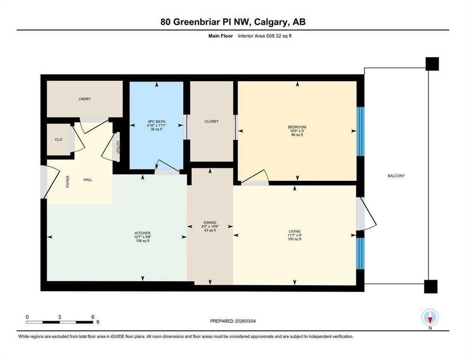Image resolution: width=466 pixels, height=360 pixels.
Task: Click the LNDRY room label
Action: coord(85,99)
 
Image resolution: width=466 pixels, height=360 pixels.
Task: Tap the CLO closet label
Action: coord(59,139)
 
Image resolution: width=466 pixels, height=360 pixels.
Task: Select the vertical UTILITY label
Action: coord(118,147)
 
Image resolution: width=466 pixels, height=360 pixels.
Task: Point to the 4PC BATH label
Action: coord(156,121)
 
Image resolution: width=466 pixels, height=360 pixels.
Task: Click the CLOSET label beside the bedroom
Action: coord(211,121)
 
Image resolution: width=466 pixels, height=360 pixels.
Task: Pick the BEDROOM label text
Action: coord(297,127)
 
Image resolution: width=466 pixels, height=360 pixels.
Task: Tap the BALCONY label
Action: coord(396,176)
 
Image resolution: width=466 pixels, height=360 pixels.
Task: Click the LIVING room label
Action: coord(294,231)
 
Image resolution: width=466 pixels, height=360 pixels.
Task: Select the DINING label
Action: coord(210,222)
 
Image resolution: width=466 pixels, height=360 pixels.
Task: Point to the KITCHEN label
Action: coord(143,233)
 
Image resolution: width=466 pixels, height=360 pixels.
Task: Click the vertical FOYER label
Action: coord(68,181)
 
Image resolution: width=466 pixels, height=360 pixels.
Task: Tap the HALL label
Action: coord(88,180)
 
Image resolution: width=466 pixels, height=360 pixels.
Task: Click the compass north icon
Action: coord(430,317)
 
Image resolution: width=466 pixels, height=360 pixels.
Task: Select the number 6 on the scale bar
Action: coord(93,317)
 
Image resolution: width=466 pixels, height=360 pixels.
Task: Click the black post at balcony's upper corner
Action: coord(432,64)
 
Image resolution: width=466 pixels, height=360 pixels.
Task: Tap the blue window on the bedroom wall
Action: coord(360,131)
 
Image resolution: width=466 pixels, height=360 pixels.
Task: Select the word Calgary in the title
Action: coord(271,22)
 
